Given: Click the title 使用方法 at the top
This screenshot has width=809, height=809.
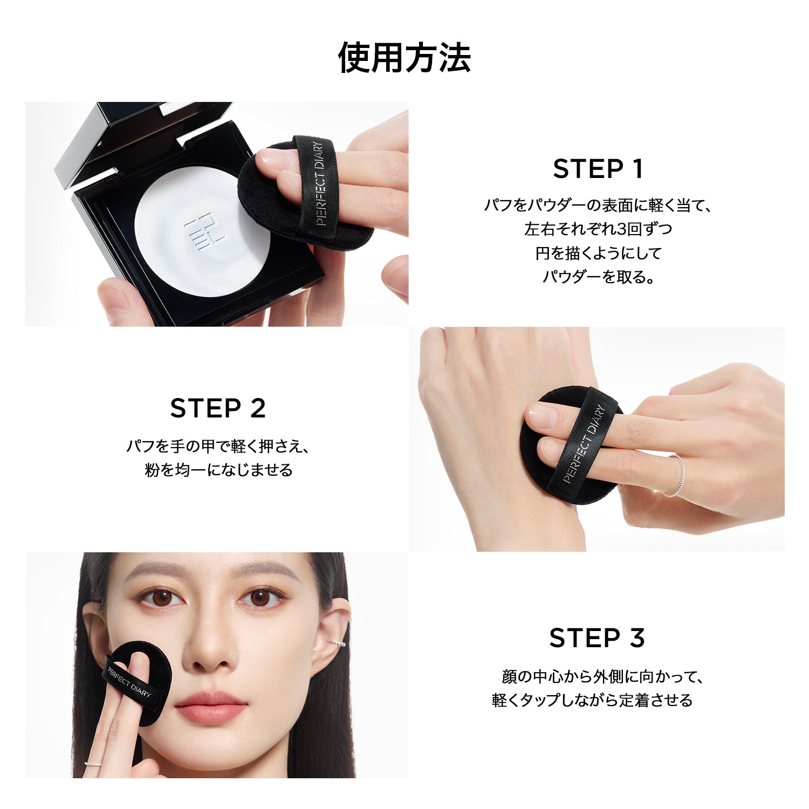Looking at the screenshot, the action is pos(404,57).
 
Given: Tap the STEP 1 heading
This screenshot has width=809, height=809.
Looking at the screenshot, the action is pos(598,169).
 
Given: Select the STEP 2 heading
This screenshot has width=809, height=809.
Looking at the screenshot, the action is pos(218,408).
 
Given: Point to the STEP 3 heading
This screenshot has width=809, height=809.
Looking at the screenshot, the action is pos(597,638).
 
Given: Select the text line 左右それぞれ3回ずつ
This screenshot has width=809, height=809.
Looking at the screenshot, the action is pos(598,229).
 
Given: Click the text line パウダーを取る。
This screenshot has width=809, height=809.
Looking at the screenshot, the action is pos(598,277).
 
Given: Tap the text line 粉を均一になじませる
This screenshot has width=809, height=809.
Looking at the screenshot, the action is pos(218,470).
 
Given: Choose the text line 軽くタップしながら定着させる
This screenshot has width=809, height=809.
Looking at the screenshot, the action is pos(592,700).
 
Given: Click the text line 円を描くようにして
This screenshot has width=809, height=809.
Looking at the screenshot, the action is pos(598,253).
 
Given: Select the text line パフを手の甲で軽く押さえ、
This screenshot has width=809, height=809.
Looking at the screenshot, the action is pos(218,447).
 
